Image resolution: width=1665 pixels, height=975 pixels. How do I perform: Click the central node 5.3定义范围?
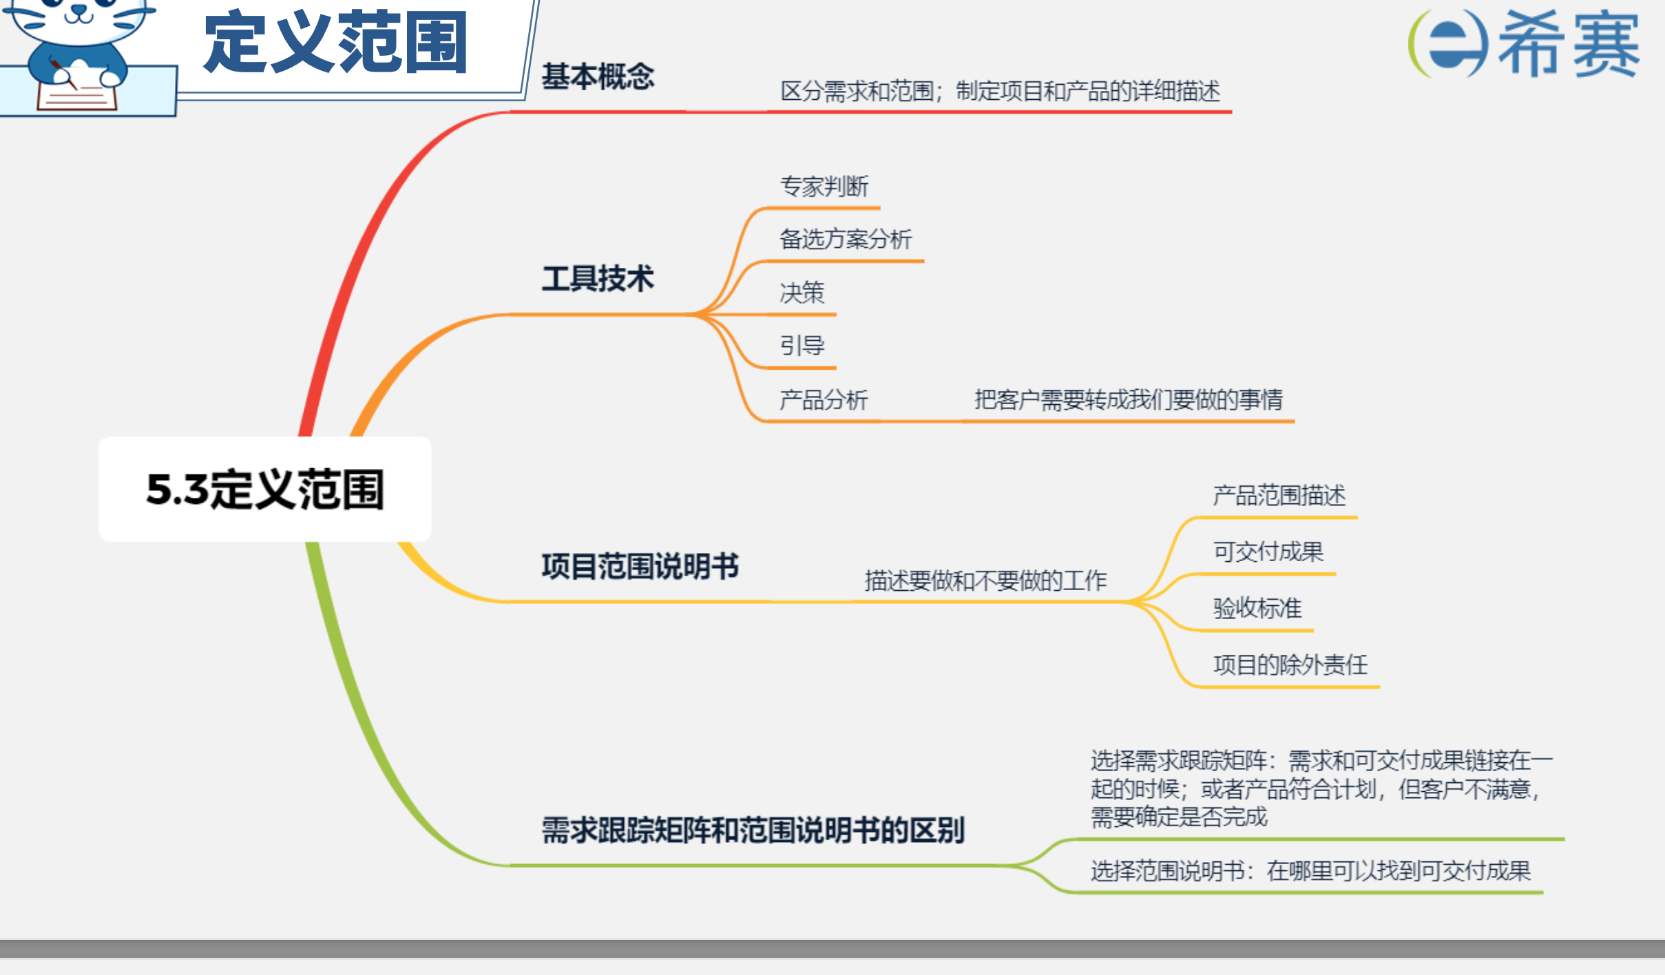tap(265, 490)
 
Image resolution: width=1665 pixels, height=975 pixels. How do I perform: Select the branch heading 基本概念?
tap(598, 76)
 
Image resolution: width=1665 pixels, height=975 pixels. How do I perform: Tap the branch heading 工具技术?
tap(598, 279)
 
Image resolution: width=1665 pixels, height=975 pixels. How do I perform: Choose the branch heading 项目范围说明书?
tap(640, 566)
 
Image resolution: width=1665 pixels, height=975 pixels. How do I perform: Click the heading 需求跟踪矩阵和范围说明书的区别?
tap(753, 830)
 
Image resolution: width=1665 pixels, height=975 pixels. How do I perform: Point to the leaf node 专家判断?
tap(824, 186)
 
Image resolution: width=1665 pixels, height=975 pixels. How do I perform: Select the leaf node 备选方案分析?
tap(846, 239)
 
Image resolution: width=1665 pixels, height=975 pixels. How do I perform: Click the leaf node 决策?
tap(802, 292)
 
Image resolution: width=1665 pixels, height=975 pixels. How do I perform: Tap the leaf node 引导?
tap(802, 345)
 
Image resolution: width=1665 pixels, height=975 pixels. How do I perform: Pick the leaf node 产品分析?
tap(824, 399)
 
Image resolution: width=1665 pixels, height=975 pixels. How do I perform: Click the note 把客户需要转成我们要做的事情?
tap(1129, 399)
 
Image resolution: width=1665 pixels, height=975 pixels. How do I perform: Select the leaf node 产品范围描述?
tap(1279, 495)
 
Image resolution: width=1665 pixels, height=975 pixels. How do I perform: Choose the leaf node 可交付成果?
tap(1268, 552)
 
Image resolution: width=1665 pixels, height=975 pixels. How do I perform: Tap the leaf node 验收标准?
tap(1257, 608)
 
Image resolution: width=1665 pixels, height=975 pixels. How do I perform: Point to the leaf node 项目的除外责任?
tap(1290, 664)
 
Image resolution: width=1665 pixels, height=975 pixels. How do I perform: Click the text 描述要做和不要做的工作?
tap(985, 580)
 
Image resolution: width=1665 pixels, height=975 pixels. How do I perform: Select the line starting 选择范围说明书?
tap(1310, 871)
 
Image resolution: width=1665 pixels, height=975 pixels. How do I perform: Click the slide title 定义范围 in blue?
tap(336, 43)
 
